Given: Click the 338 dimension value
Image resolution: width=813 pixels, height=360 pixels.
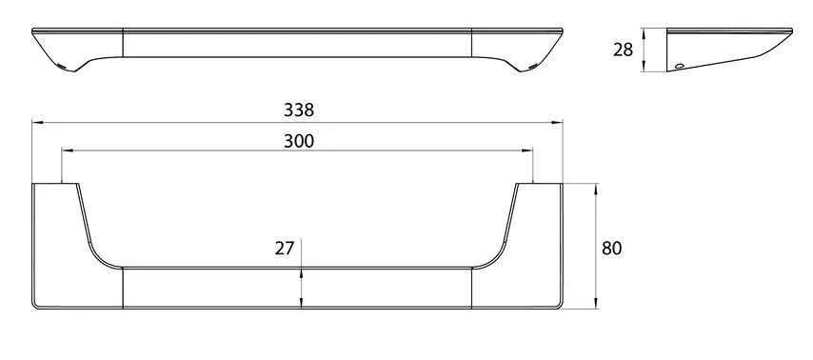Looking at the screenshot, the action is click(299, 110).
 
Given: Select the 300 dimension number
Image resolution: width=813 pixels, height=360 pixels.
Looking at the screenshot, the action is click(299, 141).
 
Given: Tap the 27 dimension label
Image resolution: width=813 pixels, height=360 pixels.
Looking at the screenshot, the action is click(284, 249).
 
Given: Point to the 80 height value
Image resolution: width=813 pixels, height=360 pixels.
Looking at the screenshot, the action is click(612, 249).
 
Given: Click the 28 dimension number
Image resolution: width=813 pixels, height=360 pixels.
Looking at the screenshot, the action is click(623, 50).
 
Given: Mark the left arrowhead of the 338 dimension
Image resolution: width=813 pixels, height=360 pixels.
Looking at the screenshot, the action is click(38, 123).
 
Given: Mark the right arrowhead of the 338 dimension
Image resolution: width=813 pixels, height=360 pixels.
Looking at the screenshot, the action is click(557, 123).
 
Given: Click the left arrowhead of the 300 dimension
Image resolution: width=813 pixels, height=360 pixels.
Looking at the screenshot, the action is click(68, 150).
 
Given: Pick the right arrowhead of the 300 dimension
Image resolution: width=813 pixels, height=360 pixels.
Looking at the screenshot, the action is click(527, 150).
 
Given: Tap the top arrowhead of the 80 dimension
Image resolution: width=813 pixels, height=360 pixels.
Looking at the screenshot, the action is click(596, 190).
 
